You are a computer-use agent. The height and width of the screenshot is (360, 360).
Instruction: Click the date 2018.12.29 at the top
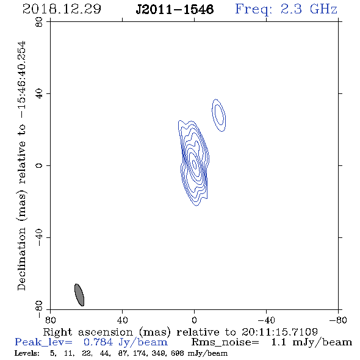[x=62, y=9]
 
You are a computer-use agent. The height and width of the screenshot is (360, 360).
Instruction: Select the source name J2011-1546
[x=175, y=9]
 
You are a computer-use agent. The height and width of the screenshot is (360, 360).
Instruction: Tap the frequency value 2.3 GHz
[x=309, y=9]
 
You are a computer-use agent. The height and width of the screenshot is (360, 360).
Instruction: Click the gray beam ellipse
[x=79, y=295]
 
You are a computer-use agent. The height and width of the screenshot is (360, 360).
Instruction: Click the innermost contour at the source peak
[x=195, y=164]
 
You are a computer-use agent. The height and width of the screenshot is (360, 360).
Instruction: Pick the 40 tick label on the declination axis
[x=39, y=94]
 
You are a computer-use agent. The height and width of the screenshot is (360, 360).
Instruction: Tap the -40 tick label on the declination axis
[x=39, y=237]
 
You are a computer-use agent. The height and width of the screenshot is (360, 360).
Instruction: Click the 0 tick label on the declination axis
[x=39, y=165]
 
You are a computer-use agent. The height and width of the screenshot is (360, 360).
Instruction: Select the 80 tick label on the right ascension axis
[x=50, y=320]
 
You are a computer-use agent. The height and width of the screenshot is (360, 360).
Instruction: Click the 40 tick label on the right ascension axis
[x=123, y=320]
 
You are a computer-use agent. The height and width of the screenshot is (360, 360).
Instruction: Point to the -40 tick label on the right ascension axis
[x=266, y=320]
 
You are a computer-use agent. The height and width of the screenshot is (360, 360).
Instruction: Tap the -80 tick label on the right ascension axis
[x=338, y=320]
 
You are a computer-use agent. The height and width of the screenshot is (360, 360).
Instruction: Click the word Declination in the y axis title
[x=21, y=259]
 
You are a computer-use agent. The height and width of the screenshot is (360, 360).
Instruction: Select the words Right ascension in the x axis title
[x=88, y=332]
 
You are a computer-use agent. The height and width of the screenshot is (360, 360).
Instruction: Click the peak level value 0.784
[x=98, y=342]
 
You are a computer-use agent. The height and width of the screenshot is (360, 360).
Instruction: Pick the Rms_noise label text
[x=225, y=342]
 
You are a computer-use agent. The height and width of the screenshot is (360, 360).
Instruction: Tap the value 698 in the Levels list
[x=178, y=353]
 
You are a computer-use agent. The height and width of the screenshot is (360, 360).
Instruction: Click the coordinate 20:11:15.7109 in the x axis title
[x=279, y=332]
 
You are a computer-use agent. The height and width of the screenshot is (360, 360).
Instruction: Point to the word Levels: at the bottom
[x=27, y=353]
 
